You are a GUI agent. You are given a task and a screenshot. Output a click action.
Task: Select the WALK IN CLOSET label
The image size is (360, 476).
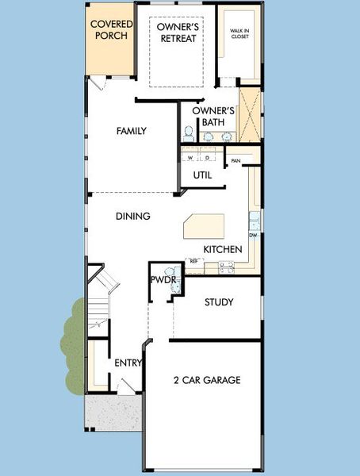[239, 34]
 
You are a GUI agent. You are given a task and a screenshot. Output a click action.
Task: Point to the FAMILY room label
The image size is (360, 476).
[132, 131]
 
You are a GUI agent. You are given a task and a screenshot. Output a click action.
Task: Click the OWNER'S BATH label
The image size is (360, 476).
[213, 116]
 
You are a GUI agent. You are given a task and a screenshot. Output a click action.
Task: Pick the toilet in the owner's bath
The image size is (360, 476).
[190, 132]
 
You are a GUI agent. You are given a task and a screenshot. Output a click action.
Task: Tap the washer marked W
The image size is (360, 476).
[190, 157]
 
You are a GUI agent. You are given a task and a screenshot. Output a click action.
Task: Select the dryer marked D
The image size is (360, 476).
[206, 157]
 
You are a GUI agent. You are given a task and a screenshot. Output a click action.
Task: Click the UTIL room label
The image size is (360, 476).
[202, 175]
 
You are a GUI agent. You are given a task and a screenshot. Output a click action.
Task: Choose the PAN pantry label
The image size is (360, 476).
[236, 161]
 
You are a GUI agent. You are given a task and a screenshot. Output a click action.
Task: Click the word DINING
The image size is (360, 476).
[133, 216]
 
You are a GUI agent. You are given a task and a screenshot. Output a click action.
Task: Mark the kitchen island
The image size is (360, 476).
[205, 226]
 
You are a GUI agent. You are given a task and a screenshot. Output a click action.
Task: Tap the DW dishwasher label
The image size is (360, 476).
[253, 236]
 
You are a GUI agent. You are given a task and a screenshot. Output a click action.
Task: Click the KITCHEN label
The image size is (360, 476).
[223, 249]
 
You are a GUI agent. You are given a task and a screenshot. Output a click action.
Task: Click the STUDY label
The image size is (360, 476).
[219, 302]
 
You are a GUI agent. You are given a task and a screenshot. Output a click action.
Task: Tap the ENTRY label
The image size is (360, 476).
[128, 363]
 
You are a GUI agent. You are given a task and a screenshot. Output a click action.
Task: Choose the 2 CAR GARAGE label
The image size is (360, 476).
[207, 380]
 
